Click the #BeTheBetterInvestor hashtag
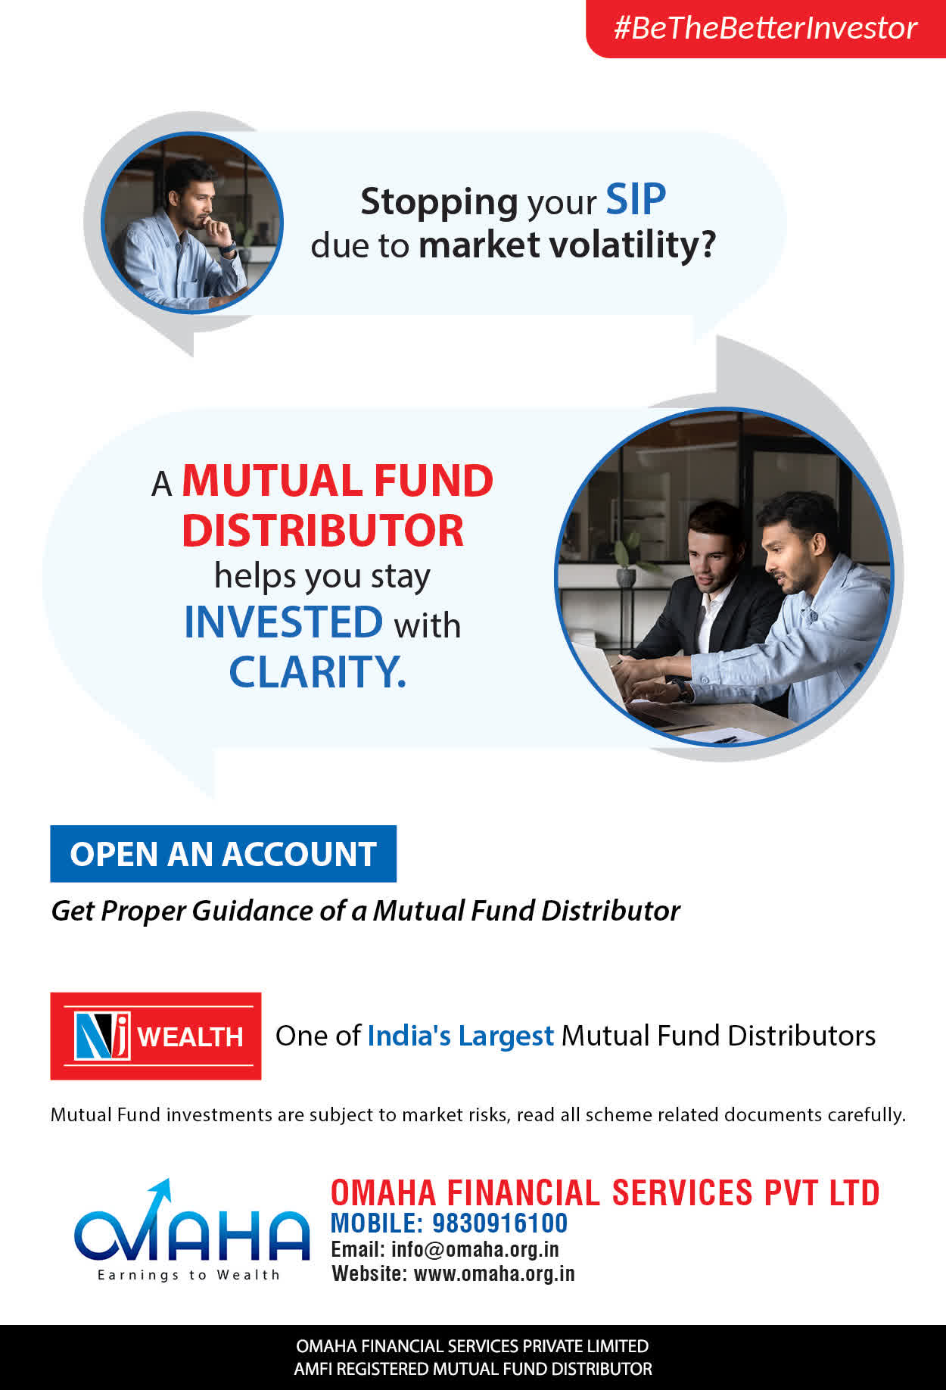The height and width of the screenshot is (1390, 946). pos(765,28)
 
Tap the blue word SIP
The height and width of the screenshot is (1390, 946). pos(636,200)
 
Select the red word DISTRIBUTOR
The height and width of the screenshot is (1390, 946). pos(322,530)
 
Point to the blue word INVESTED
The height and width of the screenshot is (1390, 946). pos(284,622)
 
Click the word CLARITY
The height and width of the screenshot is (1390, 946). pos(318,672)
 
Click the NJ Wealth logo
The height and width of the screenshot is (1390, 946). pos(156,1036)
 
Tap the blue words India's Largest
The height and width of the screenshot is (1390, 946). pos(461,1035)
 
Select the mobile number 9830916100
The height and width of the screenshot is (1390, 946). pos(499,1223)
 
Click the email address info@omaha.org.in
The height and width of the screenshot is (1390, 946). pos(475,1249)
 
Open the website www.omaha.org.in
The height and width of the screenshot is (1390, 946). pos(494,1273)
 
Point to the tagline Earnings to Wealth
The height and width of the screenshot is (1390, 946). pos(188,1275)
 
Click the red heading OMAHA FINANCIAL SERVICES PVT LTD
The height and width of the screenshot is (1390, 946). pos(605,1192)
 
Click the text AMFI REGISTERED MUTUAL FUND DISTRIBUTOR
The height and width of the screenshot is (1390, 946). pos(473,1369)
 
